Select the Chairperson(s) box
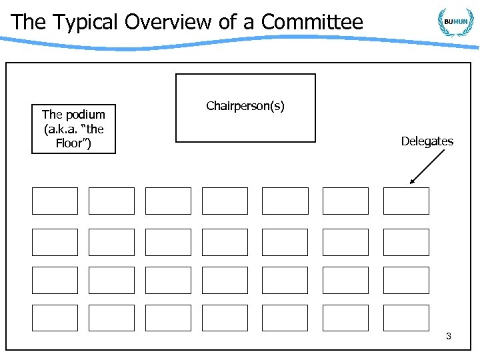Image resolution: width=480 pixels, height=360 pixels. (x=245, y=108)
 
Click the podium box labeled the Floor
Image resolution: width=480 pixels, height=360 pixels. (x=73, y=129)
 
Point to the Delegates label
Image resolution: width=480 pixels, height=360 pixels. (x=427, y=141)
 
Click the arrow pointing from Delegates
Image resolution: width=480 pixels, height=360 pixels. (x=428, y=166)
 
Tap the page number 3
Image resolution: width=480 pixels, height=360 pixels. (x=449, y=336)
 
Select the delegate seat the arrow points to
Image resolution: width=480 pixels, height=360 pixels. (x=406, y=201)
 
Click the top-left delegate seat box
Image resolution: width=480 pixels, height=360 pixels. (x=55, y=201)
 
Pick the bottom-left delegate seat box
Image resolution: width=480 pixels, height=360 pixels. (x=55, y=318)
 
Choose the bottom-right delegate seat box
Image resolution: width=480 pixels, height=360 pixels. (x=406, y=318)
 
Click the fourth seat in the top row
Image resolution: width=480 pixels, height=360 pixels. (x=225, y=201)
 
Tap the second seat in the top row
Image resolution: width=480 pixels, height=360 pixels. (x=111, y=201)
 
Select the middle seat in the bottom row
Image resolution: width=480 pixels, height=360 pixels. (x=225, y=318)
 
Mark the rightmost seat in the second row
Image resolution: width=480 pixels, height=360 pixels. (x=406, y=242)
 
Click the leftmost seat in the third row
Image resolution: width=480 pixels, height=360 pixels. (x=55, y=280)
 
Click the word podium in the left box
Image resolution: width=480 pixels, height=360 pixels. (x=83, y=115)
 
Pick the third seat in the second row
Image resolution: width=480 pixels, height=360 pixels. (x=168, y=242)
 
